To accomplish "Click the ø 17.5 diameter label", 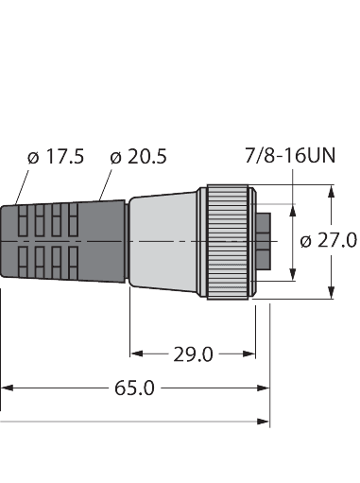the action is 56,157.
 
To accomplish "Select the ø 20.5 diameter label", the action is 139,157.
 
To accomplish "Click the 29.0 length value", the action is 193,354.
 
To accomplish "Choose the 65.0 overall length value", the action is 134,388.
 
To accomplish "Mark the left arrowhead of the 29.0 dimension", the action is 135,354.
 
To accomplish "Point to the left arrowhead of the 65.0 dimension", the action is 5,388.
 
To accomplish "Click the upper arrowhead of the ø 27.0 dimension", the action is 332,191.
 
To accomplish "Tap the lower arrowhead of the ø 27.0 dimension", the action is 332,292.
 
